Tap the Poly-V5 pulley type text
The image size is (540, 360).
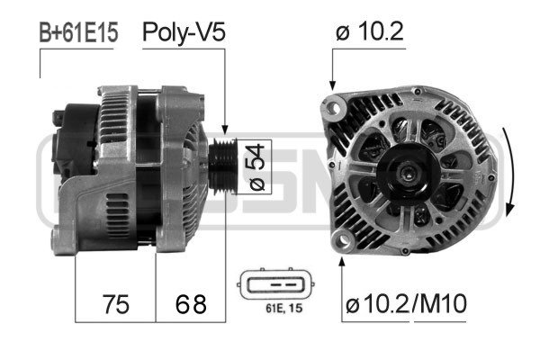tap(184, 35)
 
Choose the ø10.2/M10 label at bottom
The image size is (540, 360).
tap(404, 304)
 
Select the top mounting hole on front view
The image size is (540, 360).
tap(335, 108)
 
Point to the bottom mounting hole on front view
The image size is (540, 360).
tap(342, 238)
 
